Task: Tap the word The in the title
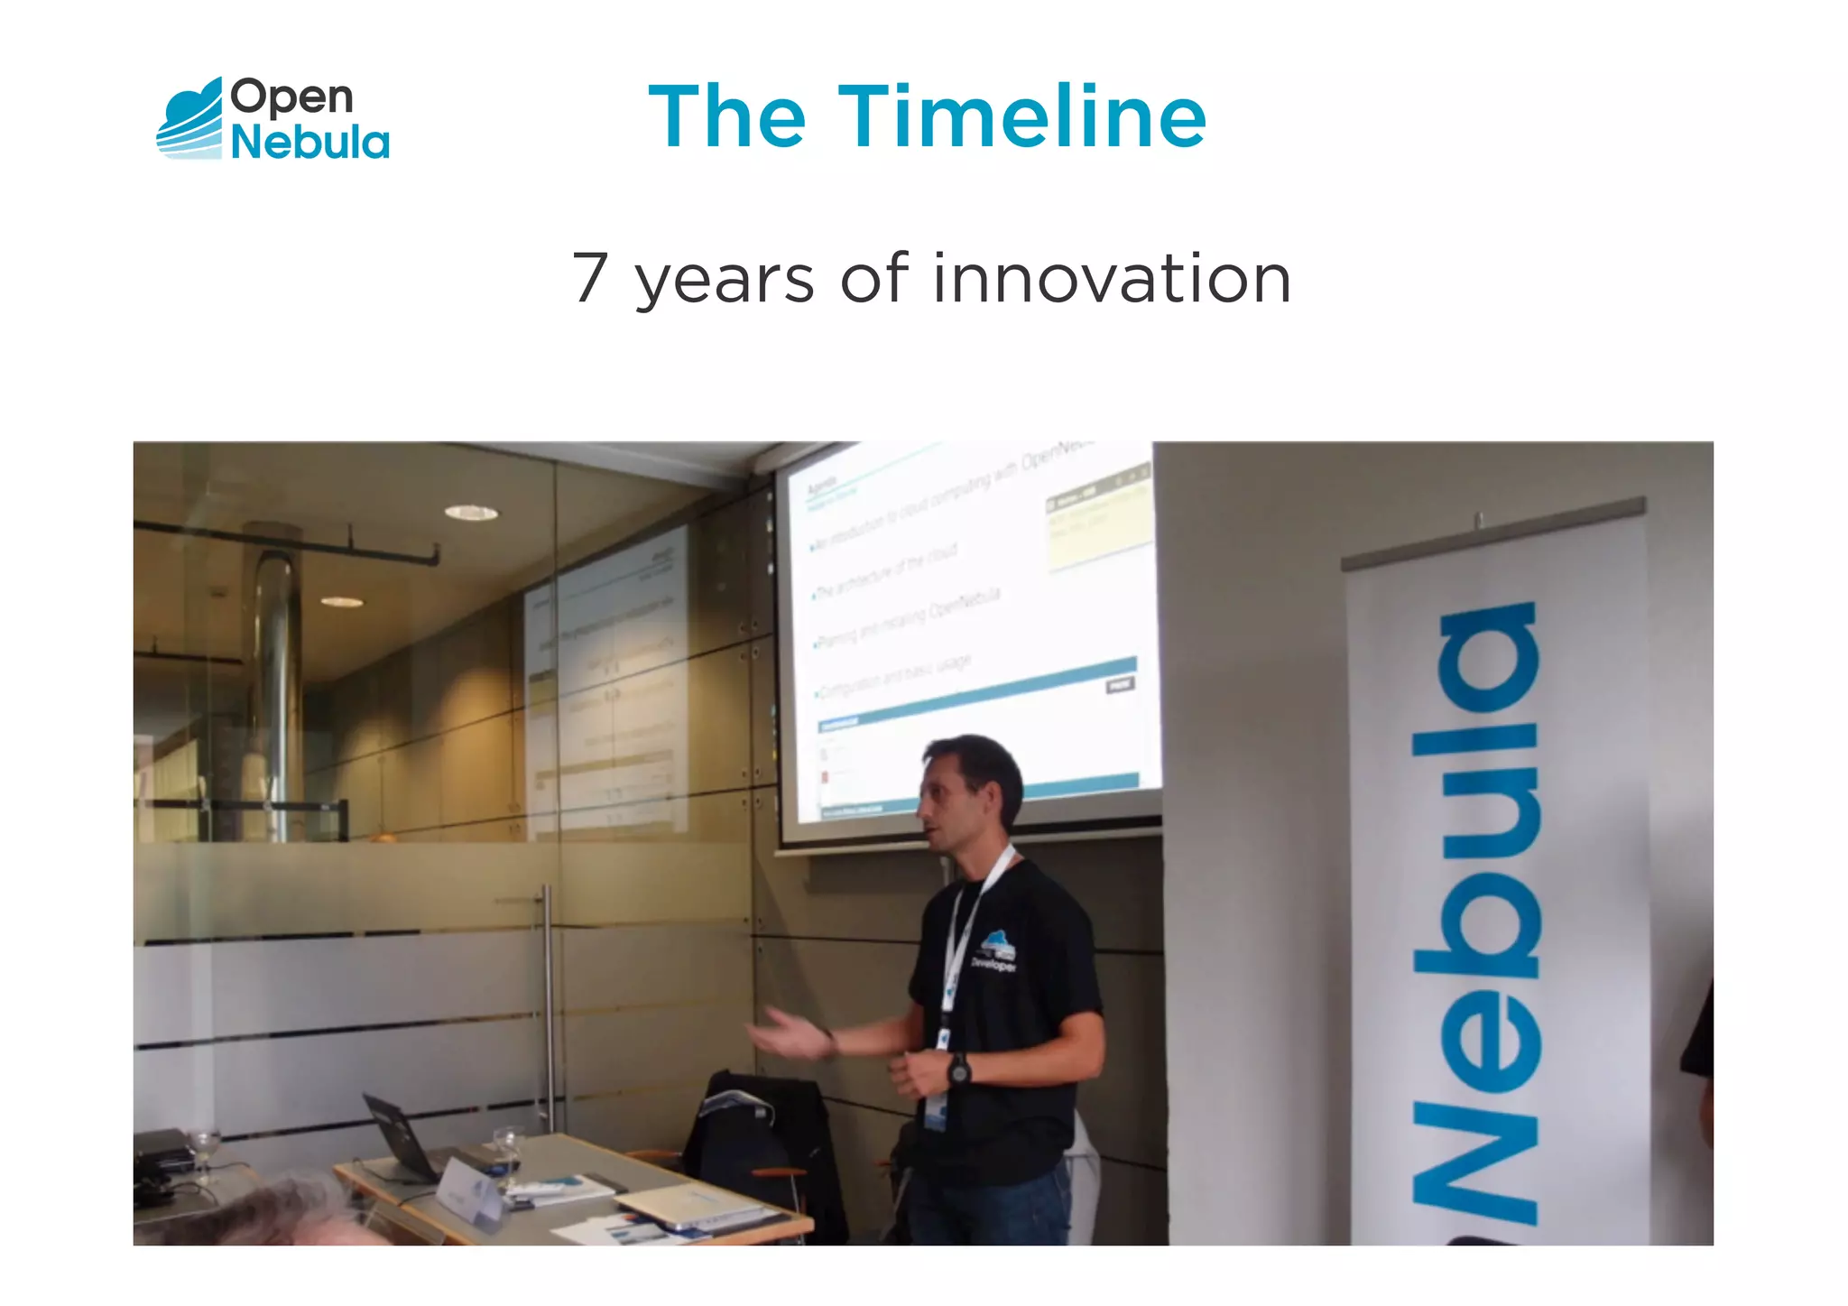coord(726,116)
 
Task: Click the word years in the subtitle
coord(725,282)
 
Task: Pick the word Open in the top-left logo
coord(291,97)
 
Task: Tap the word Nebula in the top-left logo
coord(310,143)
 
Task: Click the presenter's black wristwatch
coord(958,1070)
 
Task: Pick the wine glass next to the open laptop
coord(508,1151)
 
